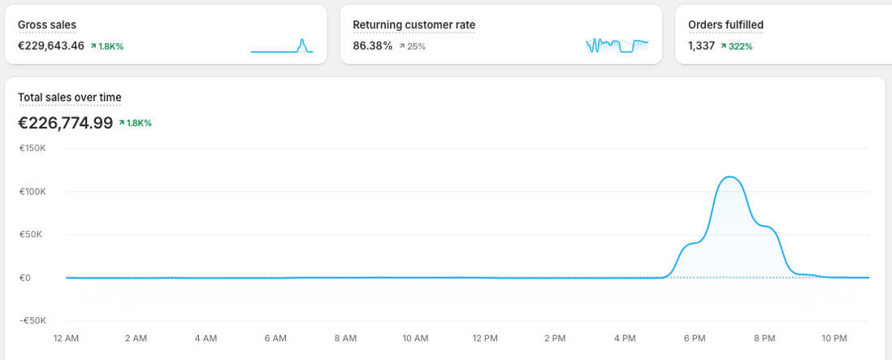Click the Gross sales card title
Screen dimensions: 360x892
(47, 25)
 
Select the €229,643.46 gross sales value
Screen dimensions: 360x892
(51, 46)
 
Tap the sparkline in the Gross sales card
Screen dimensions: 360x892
(282, 46)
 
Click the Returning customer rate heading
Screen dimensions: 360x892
(414, 25)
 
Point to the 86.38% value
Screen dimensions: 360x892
(372, 46)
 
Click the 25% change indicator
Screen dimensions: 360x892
(412, 46)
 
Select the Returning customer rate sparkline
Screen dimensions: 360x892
(617, 46)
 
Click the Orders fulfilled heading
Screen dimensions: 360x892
(725, 25)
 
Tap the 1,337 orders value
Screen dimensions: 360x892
(701, 46)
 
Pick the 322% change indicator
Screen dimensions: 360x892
(736, 46)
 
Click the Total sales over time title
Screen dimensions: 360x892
(70, 98)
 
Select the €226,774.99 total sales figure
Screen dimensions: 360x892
(65, 123)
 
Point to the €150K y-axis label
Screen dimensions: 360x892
(33, 149)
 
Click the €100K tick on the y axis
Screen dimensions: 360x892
(33, 192)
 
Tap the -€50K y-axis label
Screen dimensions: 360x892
(33, 320)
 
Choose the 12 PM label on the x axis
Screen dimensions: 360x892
(485, 338)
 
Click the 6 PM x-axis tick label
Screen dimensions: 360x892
(695, 338)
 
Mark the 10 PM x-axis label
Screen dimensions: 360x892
(834, 338)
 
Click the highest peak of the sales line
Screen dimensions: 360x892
(730, 176)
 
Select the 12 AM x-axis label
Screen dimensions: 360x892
(66, 338)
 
